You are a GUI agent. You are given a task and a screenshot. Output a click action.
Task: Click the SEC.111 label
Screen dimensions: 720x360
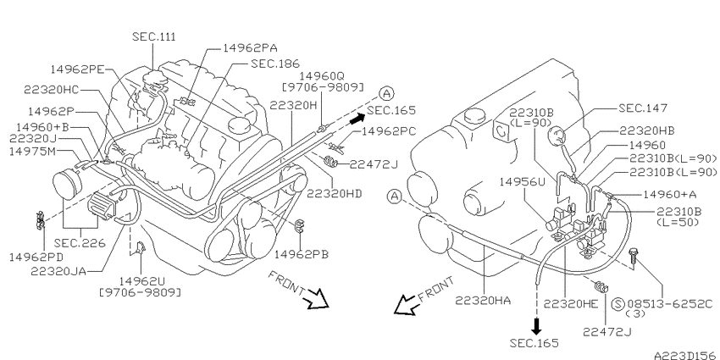tap(154, 36)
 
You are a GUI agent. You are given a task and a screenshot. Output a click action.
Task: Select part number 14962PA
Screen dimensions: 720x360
tap(250, 47)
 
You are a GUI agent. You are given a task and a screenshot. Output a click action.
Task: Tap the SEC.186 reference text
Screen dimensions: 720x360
tap(275, 64)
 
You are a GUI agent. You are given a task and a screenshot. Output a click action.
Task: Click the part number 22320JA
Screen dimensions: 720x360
tap(58, 271)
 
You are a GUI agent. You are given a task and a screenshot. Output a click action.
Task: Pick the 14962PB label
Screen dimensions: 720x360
tap(302, 254)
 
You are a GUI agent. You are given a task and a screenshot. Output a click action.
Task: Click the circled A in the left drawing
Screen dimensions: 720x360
tap(386, 94)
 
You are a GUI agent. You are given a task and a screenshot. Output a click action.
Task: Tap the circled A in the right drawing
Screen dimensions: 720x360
tap(394, 197)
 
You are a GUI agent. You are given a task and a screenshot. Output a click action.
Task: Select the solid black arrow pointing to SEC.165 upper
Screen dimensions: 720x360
tap(357, 119)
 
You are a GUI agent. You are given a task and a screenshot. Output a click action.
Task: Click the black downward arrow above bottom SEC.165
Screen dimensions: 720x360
tap(536, 325)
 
